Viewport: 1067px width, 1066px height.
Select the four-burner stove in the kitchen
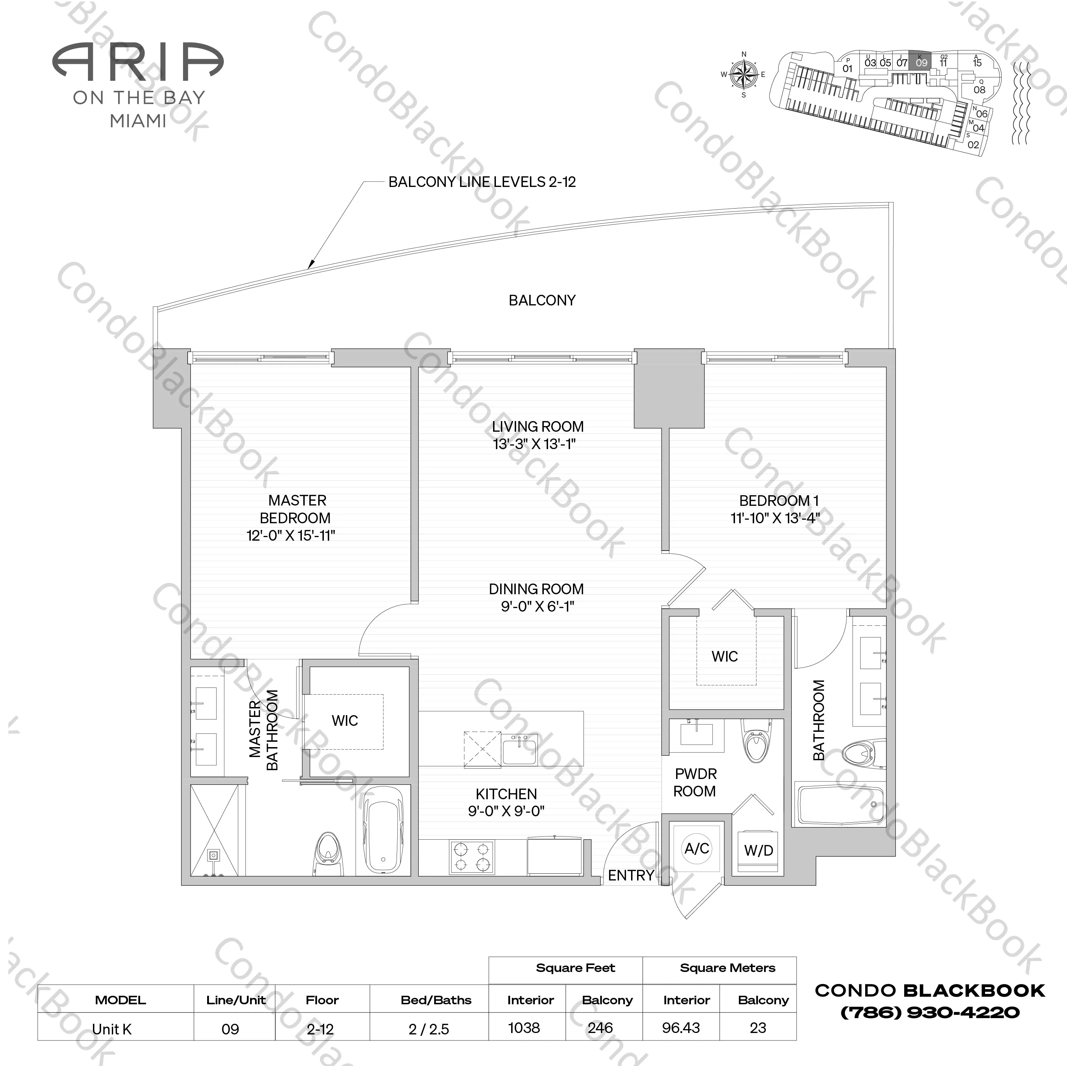(472, 857)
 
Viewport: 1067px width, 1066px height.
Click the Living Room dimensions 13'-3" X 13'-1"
(534, 444)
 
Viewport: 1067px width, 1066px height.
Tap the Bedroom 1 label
(779, 501)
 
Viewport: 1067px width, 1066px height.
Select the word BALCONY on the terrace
(542, 300)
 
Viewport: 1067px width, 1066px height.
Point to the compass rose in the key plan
(743, 74)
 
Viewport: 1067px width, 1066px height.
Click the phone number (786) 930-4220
(929, 1012)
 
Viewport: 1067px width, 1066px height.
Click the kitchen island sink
(520, 750)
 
